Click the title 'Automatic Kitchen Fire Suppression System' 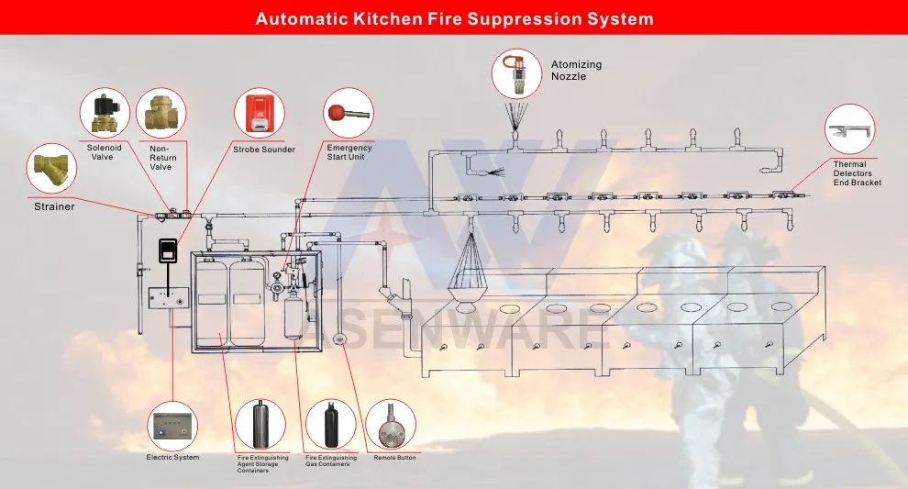click(x=454, y=17)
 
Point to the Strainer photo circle click(x=52, y=168)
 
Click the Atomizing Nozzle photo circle click(x=516, y=73)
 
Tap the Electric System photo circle click(x=172, y=426)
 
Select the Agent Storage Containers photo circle click(x=260, y=424)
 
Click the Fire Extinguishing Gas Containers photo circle click(x=330, y=424)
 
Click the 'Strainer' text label click(x=54, y=206)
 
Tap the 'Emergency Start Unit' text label click(x=349, y=152)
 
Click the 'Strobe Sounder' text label click(x=264, y=150)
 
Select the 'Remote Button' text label click(x=394, y=457)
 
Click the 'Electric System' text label click(x=172, y=457)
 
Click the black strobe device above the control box click(x=167, y=250)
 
